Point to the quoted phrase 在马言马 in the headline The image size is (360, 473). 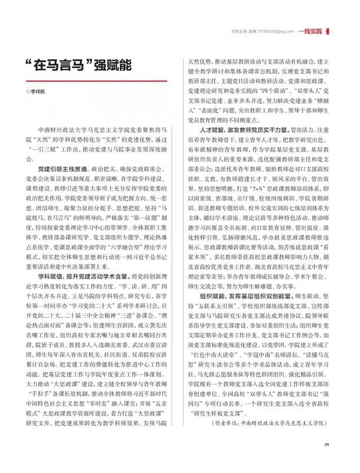(x=60, y=64)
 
